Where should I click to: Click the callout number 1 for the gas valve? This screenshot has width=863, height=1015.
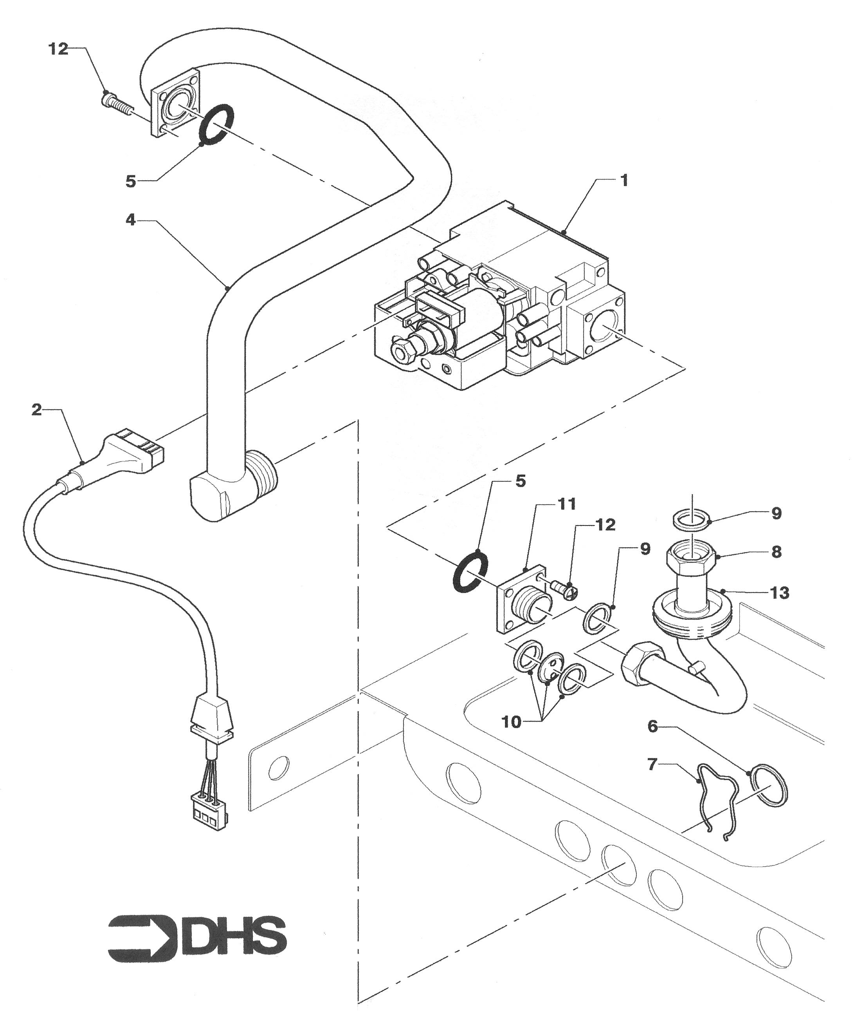pos(624,180)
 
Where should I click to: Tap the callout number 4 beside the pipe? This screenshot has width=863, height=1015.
pos(130,220)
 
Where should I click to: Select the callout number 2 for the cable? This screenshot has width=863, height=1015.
pos(37,410)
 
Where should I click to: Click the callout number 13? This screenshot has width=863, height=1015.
pos(780,593)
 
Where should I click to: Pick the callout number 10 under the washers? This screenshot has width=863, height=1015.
pos(512,722)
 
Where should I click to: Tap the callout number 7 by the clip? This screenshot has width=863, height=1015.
pos(652,765)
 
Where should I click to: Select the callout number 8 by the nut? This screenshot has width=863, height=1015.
pos(777,552)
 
